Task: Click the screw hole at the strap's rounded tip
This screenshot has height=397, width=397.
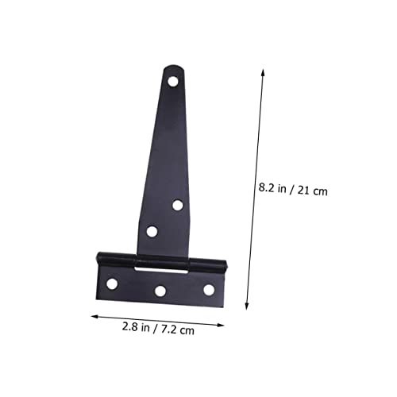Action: click(x=173, y=81)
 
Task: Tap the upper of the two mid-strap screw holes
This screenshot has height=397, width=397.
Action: click(x=178, y=205)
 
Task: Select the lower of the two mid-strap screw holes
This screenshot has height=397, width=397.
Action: click(x=152, y=231)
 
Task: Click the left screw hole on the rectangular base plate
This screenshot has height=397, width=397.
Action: click(x=112, y=283)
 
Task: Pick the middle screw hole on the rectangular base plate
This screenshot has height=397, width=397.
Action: click(x=160, y=291)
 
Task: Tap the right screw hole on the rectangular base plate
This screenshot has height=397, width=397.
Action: click(x=209, y=290)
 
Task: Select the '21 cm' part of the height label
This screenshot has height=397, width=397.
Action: click(x=312, y=191)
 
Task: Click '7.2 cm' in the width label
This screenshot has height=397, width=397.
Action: click(x=178, y=330)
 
